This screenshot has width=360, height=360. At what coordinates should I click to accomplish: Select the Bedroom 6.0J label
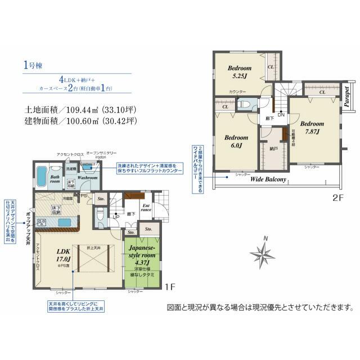pos(236,141)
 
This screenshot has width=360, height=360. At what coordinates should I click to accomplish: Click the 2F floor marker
pos(337,198)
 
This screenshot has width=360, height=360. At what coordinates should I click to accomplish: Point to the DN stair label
pos(281,115)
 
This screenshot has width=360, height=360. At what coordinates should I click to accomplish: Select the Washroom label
pos(88,178)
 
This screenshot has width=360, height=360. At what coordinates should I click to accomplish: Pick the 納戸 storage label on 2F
pos(273,149)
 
